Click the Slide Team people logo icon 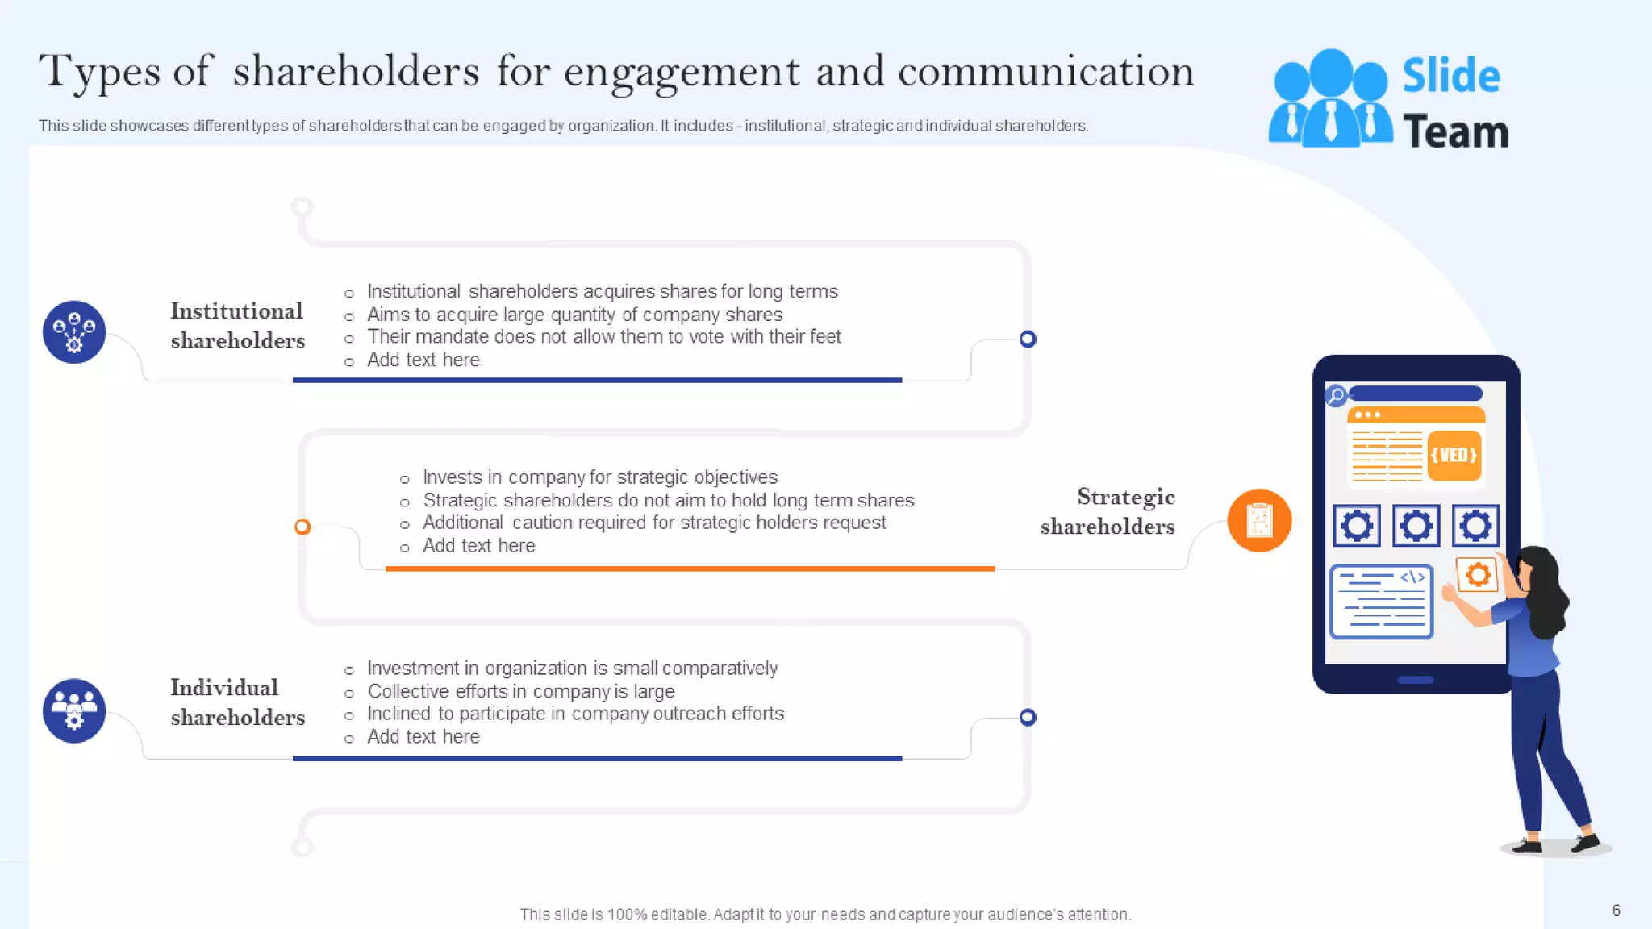coord(1330,99)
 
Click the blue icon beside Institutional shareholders coord(74,332)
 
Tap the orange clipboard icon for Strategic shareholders coord(1259,520)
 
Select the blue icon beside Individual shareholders coord(74,710)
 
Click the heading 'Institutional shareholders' coord(237,326)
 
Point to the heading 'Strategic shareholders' coord(1108,511)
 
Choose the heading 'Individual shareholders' coord(237,702)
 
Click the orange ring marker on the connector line coord(302,527)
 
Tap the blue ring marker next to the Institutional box coord(1028,339)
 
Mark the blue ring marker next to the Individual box coord(1028,717)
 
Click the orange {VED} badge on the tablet coord(1454,456)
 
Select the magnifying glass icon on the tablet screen coord(1337,395)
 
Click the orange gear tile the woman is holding coord(1478,575)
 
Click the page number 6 coord(1616,910)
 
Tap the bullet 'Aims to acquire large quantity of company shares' coord(574,315)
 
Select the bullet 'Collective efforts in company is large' coord(520,692)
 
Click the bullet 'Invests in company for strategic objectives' coord(600,477)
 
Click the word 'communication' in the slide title coord(1045,71)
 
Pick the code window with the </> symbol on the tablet coord(1381,602)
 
